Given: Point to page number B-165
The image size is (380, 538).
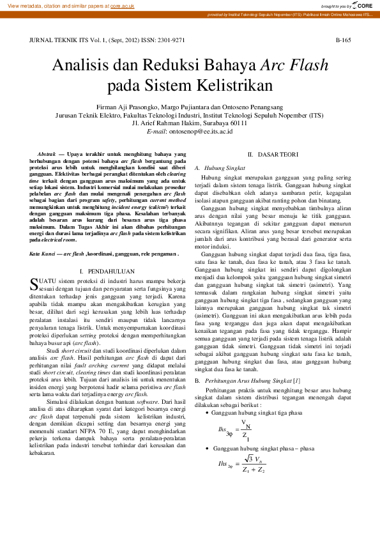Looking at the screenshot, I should pos(343,40).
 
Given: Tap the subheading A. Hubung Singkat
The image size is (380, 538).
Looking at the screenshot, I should pos(216,167).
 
